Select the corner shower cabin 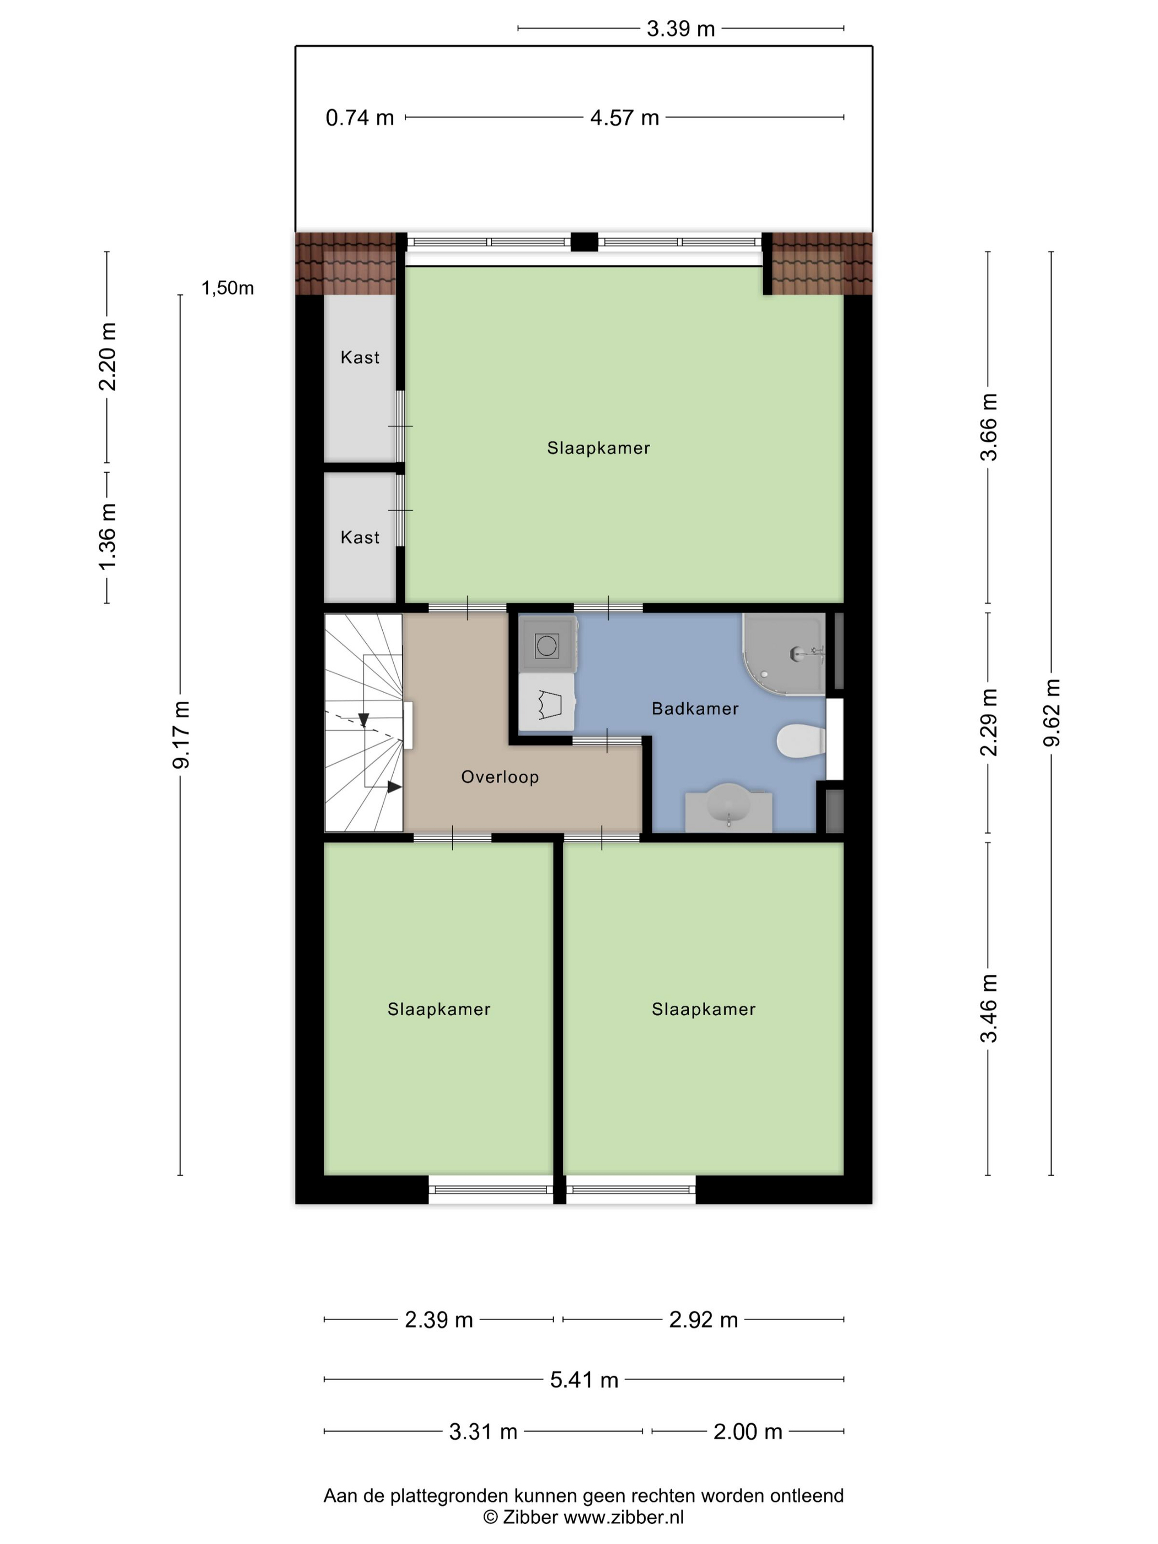(x=782, y=652)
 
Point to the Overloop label (x=500, y=777)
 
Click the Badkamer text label (x=694, y=709)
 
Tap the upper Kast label (x=360, y=357)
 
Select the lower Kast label (x=360, y=538)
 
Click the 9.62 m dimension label (x=1051, y=712)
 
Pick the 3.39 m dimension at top (x=680, y=29)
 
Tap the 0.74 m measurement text (x=360, y=117)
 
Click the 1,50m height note (x=228, y=288)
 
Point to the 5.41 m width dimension (x=583, y=1380)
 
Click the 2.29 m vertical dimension (x=988, y=722)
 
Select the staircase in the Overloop (x=363, y=722)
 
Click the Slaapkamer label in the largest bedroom (x=598, y=448)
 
